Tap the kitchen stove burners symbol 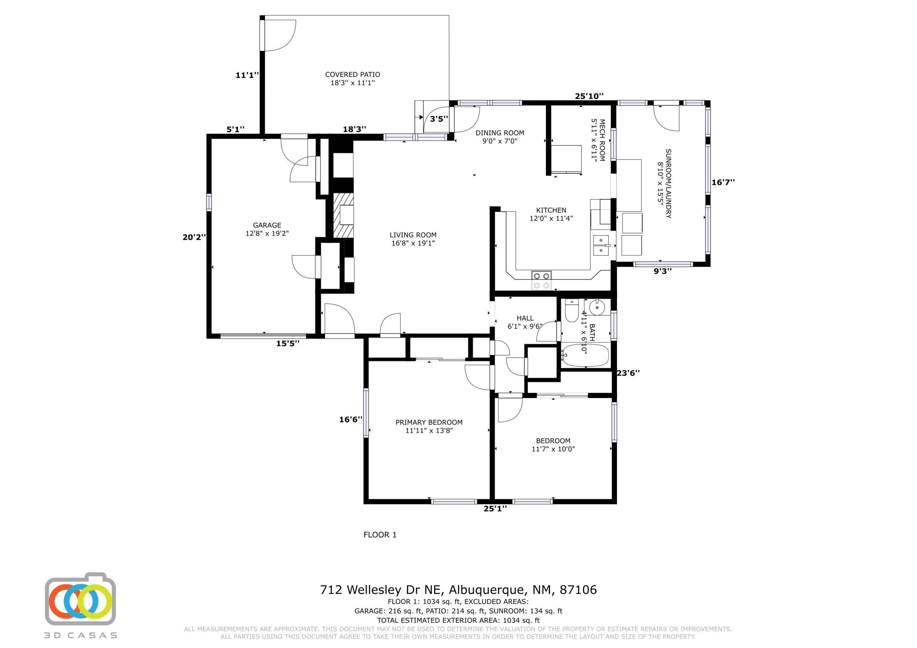[541, 280]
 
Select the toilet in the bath [572, 311]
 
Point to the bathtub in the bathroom [586, 355]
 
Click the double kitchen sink [601, 245]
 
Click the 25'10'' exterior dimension [589, 96]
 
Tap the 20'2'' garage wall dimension [194, 237]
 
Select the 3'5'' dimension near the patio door [439, 119]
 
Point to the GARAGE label [267, 225]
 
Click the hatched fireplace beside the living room [344, 216]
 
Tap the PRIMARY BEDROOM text [429, 423]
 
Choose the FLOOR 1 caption [380, 535]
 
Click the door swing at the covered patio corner [278, 35]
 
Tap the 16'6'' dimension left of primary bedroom [351, 419]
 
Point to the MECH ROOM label [602, 140]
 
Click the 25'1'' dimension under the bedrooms [495, 509]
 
